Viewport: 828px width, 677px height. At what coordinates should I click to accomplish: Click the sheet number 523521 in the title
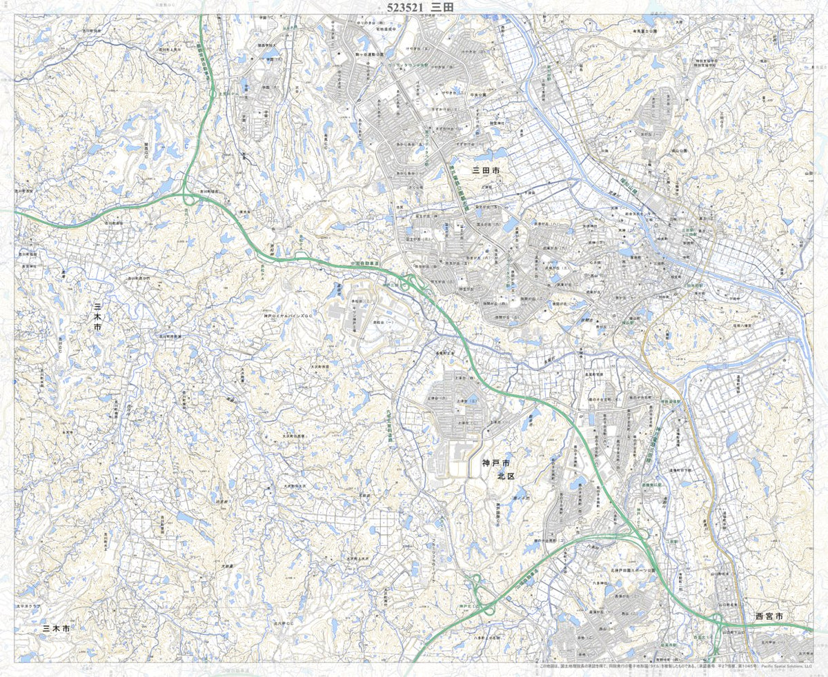403,7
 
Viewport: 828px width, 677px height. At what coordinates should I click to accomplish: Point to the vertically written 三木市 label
97,315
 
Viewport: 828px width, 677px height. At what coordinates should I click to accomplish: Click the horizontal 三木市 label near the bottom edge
56,629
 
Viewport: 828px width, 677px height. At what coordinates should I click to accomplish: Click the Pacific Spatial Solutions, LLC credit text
787,667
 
